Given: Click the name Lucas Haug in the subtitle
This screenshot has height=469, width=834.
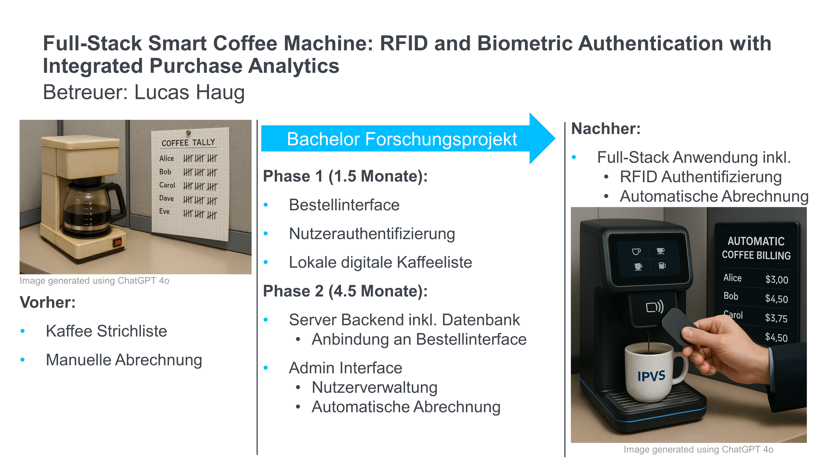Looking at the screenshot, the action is [189, 92].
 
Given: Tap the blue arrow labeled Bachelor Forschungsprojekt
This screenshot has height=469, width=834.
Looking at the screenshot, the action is [408, 139].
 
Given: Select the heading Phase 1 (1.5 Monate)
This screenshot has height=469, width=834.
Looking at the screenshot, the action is [345, 176].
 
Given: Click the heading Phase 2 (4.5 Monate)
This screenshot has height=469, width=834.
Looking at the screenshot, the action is [345, 291].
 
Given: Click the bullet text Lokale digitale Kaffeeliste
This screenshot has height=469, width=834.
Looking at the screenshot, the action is [381, 262].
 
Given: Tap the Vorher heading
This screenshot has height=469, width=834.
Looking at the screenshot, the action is [48, 302].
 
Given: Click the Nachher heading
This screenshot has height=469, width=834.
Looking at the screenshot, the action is [606, 129].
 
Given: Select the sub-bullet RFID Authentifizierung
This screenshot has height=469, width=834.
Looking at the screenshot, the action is [701, 177].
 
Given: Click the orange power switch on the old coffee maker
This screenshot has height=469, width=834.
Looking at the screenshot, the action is [117, 242].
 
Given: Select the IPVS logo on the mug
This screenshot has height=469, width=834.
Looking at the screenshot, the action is [651, 376].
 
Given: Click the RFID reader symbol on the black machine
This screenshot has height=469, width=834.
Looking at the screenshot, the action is [655, 306].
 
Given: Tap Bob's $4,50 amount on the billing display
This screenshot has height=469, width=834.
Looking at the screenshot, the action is [776, 298].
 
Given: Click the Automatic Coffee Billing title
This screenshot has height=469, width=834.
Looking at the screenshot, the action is [756, 248].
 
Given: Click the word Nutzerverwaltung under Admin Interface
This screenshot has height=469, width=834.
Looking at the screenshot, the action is [375, 387].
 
